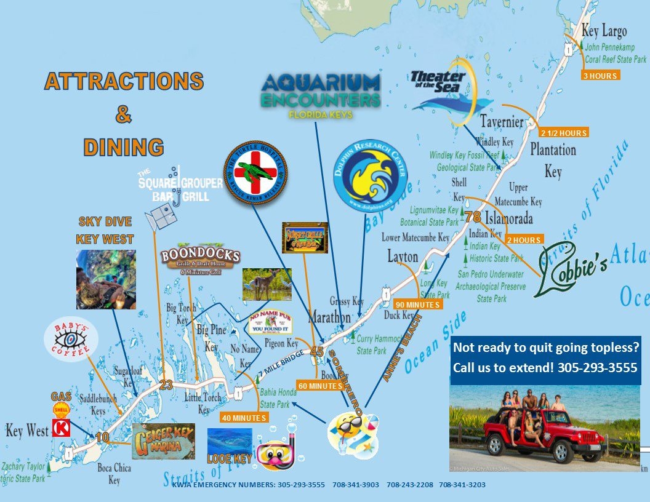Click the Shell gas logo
[x=61, y=410]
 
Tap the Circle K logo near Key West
[x=61, y=428]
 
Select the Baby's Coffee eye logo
[x=71, y=340]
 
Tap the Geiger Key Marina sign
[x=163, y=441]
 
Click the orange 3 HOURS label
[x=600, y=75]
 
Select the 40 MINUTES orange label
[x=244, y=418]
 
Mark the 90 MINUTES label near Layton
[x=419, y=305]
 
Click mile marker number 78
[x=473, y=217]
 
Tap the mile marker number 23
[x=166, y=384]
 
